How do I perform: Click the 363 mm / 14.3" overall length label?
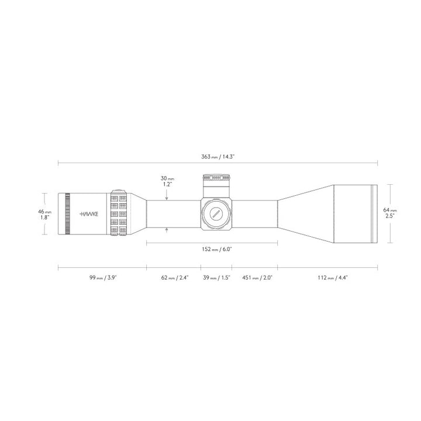tap(218, 157)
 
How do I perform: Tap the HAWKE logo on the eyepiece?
tap(89, 214)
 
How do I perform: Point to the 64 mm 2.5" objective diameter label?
tap(390, 213)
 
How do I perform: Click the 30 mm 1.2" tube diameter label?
tap(168, 181)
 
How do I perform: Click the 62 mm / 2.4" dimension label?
tap(174, 278)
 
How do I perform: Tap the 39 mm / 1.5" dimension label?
tap(217, 278)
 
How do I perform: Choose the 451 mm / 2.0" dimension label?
tap(256, 278)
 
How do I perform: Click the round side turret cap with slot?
tap(216, 213)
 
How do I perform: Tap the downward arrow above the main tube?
tap(168, 197)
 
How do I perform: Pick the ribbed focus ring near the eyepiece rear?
tap(67, 213)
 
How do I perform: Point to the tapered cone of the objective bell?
tap(304, 213)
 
